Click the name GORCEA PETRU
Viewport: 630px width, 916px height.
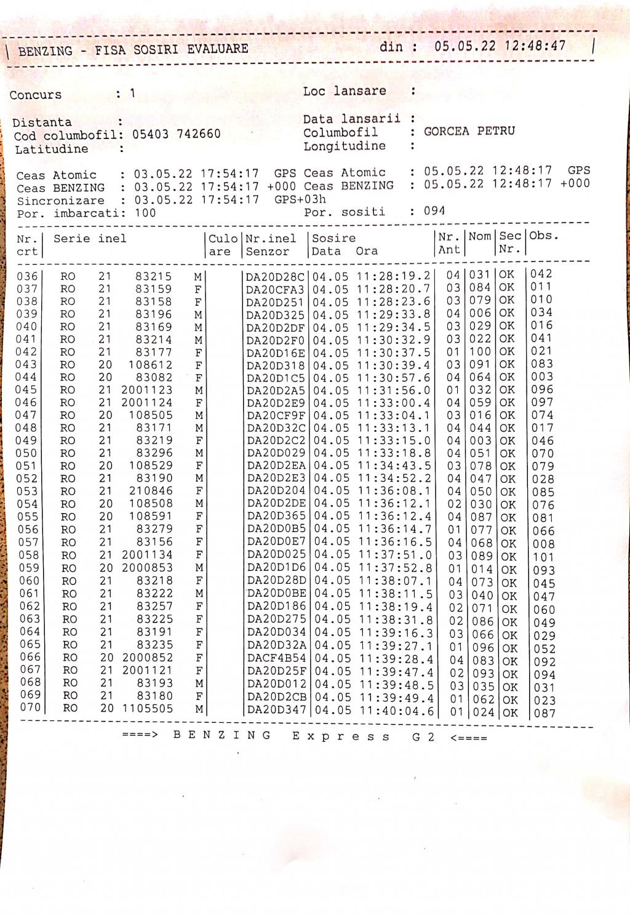(x=469, y=131)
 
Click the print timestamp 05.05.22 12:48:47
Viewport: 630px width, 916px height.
(x=500, y=46)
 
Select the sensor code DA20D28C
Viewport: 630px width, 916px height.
(x=275, y=277)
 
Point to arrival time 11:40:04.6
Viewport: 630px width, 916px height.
(x=397, y=711)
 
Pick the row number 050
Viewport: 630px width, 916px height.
(x=28, y=453)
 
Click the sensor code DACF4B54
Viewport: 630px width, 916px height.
(x=276, y=659)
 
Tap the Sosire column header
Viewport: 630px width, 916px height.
(x=333, y=238)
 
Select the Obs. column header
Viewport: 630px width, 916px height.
(x=544, y=236)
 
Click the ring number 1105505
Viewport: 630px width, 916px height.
(x=148, y=708)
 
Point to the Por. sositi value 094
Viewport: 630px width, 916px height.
(x=434, y=211)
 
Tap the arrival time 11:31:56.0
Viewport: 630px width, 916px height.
(x=394, y=390)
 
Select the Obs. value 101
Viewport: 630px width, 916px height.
(x=543, y=557)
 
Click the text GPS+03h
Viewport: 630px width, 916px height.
(x=300, y=199)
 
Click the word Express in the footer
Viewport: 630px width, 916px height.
(x=341, y=736)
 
